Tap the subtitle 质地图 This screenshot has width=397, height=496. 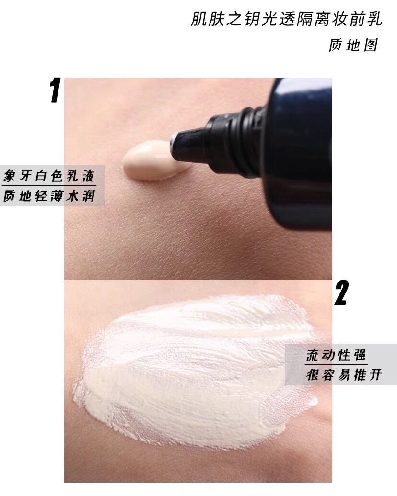pyautogui.click(x=353, y=45)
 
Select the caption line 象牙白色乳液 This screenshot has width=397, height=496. pyautogui.click(x=49, y=176)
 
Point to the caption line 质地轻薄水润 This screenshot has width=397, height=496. pyautogui.click(x=49, y=196)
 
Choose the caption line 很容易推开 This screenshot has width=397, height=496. pyautogui.click(x=343, y=375)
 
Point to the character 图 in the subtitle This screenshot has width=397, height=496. pyautogui.click(x=370, y=45)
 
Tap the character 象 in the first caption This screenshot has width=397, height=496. pyautogui.click(x=11, y=176)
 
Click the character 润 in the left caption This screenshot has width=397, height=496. pyautogui.click(x=88, y=196)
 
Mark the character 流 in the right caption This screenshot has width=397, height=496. pyautogui.click(x=313, y=355)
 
